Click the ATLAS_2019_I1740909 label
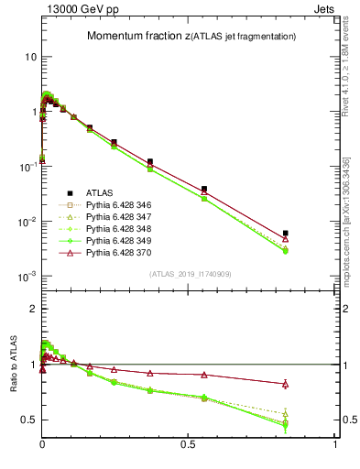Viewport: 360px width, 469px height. pos(190,274)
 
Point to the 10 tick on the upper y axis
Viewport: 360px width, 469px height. pos(30,57)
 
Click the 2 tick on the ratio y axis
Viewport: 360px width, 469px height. pos(33,309)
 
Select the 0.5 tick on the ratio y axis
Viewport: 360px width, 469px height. pos(28,420)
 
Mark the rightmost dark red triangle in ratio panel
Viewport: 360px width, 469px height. pos(286,384)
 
